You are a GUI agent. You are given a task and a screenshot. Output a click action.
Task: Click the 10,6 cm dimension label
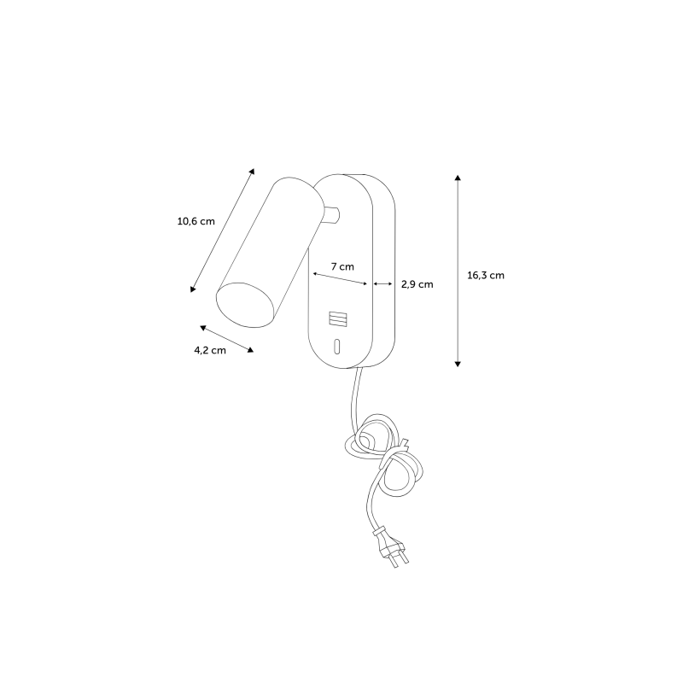tap(196, 221)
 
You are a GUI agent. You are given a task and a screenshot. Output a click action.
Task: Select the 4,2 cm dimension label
tap(210, 350)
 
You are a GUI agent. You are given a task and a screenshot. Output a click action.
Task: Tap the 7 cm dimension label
tap(342, 266)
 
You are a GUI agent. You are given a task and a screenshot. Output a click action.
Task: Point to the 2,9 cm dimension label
tap(417, 284)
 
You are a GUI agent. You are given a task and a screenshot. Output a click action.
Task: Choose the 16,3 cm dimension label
tap(486, 275)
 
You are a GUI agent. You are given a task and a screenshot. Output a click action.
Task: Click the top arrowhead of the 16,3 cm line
tap(458, 178)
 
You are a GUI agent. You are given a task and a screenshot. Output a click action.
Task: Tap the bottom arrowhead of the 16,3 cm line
tap(458, 365)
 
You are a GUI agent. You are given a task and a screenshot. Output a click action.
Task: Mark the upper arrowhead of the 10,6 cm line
tap(252, 172)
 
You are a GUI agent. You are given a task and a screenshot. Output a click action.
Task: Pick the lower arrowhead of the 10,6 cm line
tap(193, 289)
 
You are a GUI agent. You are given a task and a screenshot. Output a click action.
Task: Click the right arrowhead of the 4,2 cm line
tap(250, 350)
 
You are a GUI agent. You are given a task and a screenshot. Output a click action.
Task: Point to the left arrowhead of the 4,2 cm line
tap(202, 327)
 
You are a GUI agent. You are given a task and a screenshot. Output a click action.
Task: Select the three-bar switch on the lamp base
tap(338, 318)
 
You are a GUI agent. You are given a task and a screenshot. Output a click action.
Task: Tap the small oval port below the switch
tap(336, 347)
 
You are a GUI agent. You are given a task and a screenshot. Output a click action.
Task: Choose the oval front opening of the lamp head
tap(246, 305)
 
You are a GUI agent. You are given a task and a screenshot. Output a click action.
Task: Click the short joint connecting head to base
tap(332, 215)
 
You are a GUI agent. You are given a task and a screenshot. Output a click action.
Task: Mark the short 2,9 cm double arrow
tap(383, 284)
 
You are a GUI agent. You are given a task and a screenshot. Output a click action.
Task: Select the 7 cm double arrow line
tap(340, 279)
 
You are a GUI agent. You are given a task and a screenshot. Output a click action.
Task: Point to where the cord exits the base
tap(359, 369)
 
